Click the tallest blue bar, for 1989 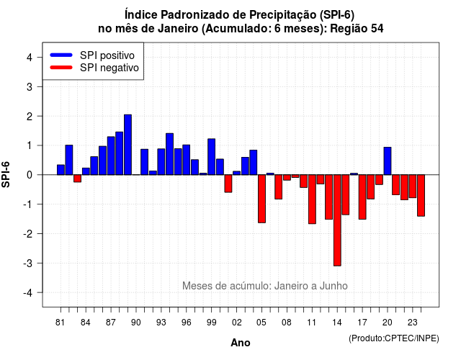pyautogui.click(x=127, y=145)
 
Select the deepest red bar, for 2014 pyautogui.click(x=337, y=220)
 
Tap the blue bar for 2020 pyautogui.click(x=388, y=161)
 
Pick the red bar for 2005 pyautogui.click(x=261, y=199)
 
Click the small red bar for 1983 pyautogui.click(x=77, y=179)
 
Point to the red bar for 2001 pyautogui.click(x=228, y=184)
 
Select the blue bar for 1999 pyautogui.click(x=211, y=157)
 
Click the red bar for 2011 pyautogui.click(x=312, y=199)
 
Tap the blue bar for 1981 pyautogui.click(x=61, y=170)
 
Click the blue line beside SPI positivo pyautogui.click(x=61, y=55)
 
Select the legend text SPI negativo pyautogui.click(x=109, y=68)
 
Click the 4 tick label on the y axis pyautogui.click(x=30, y=57)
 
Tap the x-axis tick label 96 pyautogui.click(x=186, y=323)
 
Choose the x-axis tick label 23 pyautogui.click(x=413, y=323)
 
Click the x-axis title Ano pyautogui.click(x=241, y=343)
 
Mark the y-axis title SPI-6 pyautogui.click(x=6, y=174)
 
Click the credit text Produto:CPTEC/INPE pyautogui.click(x=394, y=338)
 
